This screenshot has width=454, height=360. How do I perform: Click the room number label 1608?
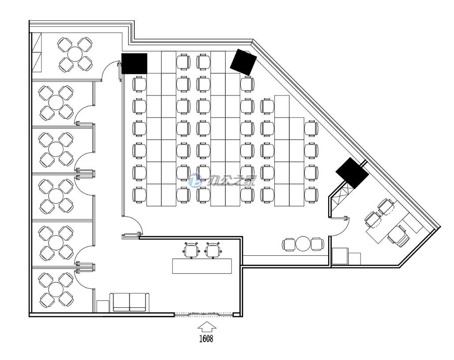[206, 338]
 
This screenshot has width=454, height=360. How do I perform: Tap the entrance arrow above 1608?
[207, 326]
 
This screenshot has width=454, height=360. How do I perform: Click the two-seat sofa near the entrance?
[129, 302]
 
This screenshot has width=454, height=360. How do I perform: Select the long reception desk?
[202, 266]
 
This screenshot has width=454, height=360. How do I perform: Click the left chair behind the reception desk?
[191, 250]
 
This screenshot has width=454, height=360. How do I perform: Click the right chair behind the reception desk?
[214, 250]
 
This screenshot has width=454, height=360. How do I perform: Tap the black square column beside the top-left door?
[134, 64]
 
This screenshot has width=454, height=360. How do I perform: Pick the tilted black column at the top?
[243, 62]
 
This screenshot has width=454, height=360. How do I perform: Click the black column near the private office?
[352, 173]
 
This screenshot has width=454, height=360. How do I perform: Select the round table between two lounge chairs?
[303, 244]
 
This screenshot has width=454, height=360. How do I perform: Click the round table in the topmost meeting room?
[75, 54]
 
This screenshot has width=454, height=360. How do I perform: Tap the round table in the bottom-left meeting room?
[56, 289]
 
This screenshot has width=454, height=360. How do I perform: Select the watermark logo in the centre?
[222, 181]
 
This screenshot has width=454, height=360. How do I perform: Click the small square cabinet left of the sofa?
[102, 306]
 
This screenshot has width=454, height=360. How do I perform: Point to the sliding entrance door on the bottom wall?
[204, 314]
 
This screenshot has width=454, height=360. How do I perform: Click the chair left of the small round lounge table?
[289, 244]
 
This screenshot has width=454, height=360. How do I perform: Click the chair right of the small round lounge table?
[318, 244]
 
